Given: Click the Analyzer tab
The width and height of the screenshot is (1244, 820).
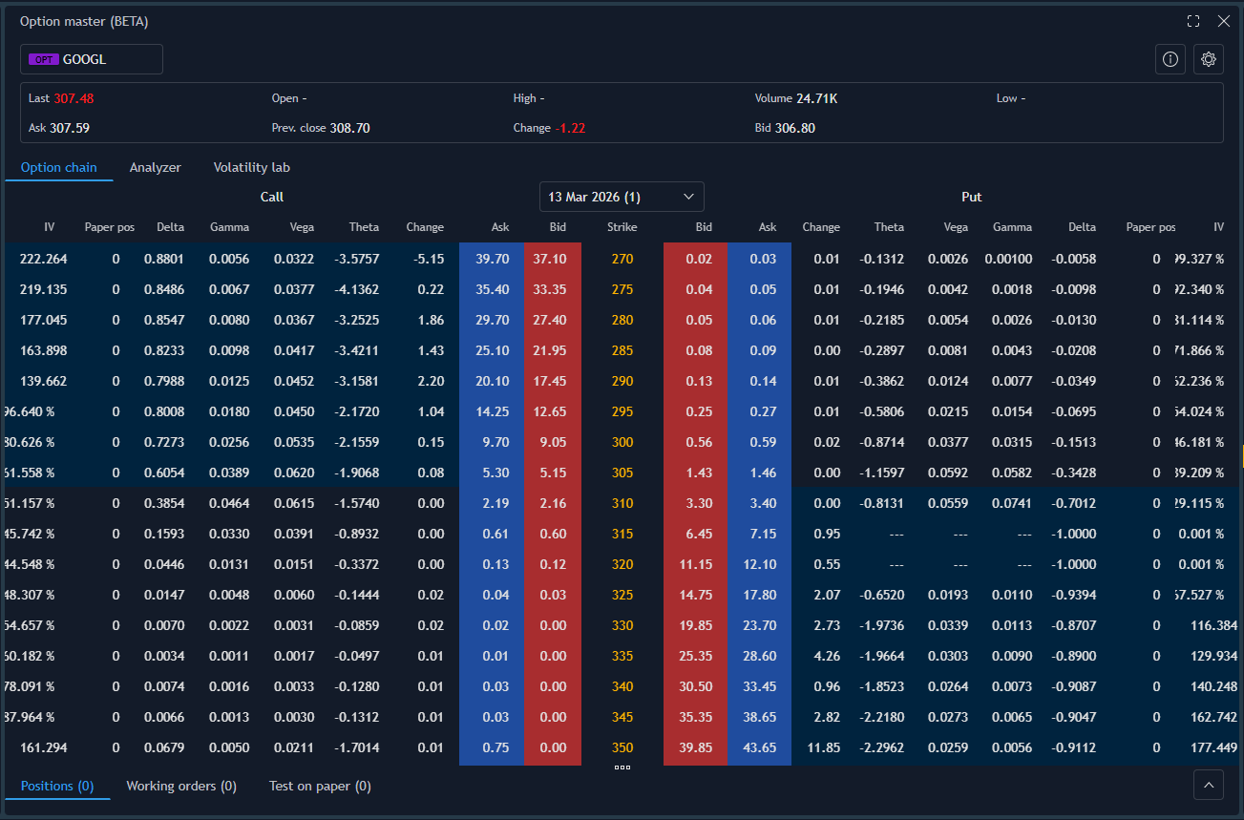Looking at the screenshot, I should pos(155,167).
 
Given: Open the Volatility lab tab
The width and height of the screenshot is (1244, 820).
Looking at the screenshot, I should pos(251,167).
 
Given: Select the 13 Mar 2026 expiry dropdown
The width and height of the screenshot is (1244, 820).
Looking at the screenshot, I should pos(622,197).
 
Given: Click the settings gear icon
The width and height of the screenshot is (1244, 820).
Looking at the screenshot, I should pos(1208,59).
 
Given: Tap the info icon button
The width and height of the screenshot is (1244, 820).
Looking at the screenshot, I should pos(1170,59).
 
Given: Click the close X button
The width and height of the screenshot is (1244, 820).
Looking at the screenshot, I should pos(1223,21).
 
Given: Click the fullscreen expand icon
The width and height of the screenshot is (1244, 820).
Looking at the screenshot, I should pos(1192,21).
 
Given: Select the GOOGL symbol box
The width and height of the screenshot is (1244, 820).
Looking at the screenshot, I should pos(92,59).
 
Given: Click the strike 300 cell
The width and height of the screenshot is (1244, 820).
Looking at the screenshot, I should pos(622,442).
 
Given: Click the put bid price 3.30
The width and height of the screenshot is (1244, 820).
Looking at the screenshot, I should pos(699,503).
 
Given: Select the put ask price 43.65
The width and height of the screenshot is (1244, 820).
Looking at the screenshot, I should pos(760,747).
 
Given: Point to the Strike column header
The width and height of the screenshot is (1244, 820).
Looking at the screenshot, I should pos(622,227).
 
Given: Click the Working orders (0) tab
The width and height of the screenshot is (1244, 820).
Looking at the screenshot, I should pos(181,786).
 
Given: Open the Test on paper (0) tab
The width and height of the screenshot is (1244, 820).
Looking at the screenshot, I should pos(320,786).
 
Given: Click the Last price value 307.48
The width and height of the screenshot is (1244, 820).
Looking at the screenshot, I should pos(74,98).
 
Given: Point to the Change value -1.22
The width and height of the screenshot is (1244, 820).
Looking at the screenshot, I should pos(570,128).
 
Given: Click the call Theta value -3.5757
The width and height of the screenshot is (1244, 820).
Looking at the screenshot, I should pos(358,259).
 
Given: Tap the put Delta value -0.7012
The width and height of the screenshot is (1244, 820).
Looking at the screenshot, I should pos(1075,503).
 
